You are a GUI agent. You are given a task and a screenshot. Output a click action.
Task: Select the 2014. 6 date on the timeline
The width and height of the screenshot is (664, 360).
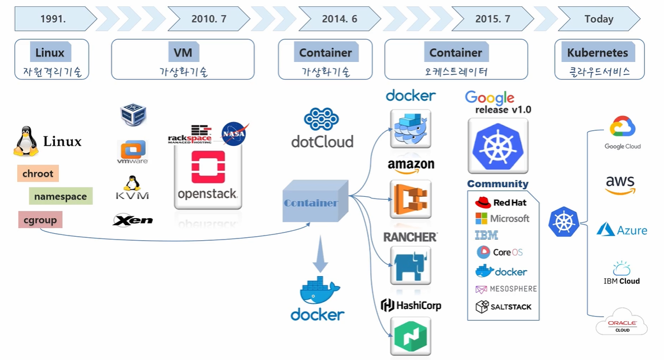(x=340, y=19)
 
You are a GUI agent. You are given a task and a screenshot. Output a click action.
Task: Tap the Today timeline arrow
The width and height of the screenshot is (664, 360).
(x=599, y=19)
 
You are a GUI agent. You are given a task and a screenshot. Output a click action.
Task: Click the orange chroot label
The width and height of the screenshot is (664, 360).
(x=38, y=174)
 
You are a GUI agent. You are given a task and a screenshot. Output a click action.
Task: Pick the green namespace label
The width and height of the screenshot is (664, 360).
(x=60, y=197)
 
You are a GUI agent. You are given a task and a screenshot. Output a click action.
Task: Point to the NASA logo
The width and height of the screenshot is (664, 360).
(x=235, y=134)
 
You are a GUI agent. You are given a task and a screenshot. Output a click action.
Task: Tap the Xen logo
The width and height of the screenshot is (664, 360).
(x=132, y=220)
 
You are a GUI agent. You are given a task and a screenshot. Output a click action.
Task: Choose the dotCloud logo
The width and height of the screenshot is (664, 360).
(x=322, y=128)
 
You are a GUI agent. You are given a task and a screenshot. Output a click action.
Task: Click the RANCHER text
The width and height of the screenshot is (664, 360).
(x=410, y=237)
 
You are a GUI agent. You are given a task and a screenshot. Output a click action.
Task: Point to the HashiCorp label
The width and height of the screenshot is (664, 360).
(x=411, y=305)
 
